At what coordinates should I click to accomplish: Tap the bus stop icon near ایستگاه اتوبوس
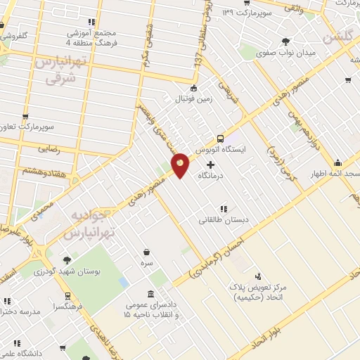pyautogui.click(x=220, y=139)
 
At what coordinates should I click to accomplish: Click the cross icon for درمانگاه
pyautogui.click(x=210, y=164)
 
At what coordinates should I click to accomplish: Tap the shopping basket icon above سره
pyautogui.click(x=146, y=252)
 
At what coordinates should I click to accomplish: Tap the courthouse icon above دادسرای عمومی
pyautogui.click(x=150, y=293)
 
